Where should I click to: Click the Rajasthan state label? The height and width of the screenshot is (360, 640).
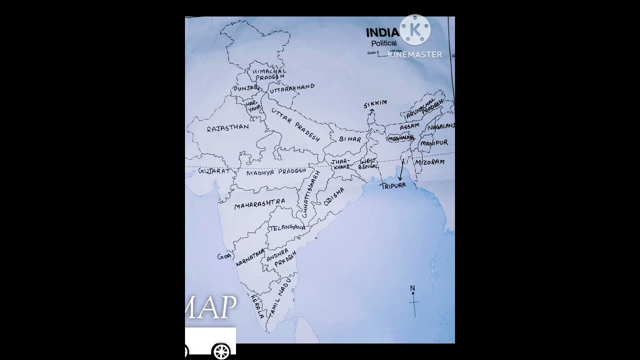point(227,128)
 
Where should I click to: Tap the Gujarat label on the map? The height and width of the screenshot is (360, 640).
point(214,171)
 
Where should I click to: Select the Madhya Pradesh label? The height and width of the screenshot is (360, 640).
point(275,172)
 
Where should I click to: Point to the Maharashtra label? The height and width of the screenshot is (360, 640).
point(259,203)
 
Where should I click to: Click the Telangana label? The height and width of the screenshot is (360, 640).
point(287,227)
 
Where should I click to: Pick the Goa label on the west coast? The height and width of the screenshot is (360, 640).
point(224,256)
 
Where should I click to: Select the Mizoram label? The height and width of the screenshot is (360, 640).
point(429,162)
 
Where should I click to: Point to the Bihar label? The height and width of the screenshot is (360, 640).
point(350,139)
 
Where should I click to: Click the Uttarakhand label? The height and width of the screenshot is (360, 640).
point(292,88)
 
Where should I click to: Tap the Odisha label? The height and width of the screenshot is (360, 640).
point(334,196)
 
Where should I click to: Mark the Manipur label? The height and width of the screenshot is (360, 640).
point(434,143)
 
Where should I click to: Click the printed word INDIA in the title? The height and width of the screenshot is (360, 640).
point(382,33)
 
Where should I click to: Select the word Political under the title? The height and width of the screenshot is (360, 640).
point(383,43)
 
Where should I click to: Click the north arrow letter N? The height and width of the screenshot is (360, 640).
point(412,288)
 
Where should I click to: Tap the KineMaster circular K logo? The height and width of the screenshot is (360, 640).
point(415,30)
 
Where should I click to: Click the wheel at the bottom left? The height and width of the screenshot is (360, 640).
point(221,351)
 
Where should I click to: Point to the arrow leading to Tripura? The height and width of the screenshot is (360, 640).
point(401,170)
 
